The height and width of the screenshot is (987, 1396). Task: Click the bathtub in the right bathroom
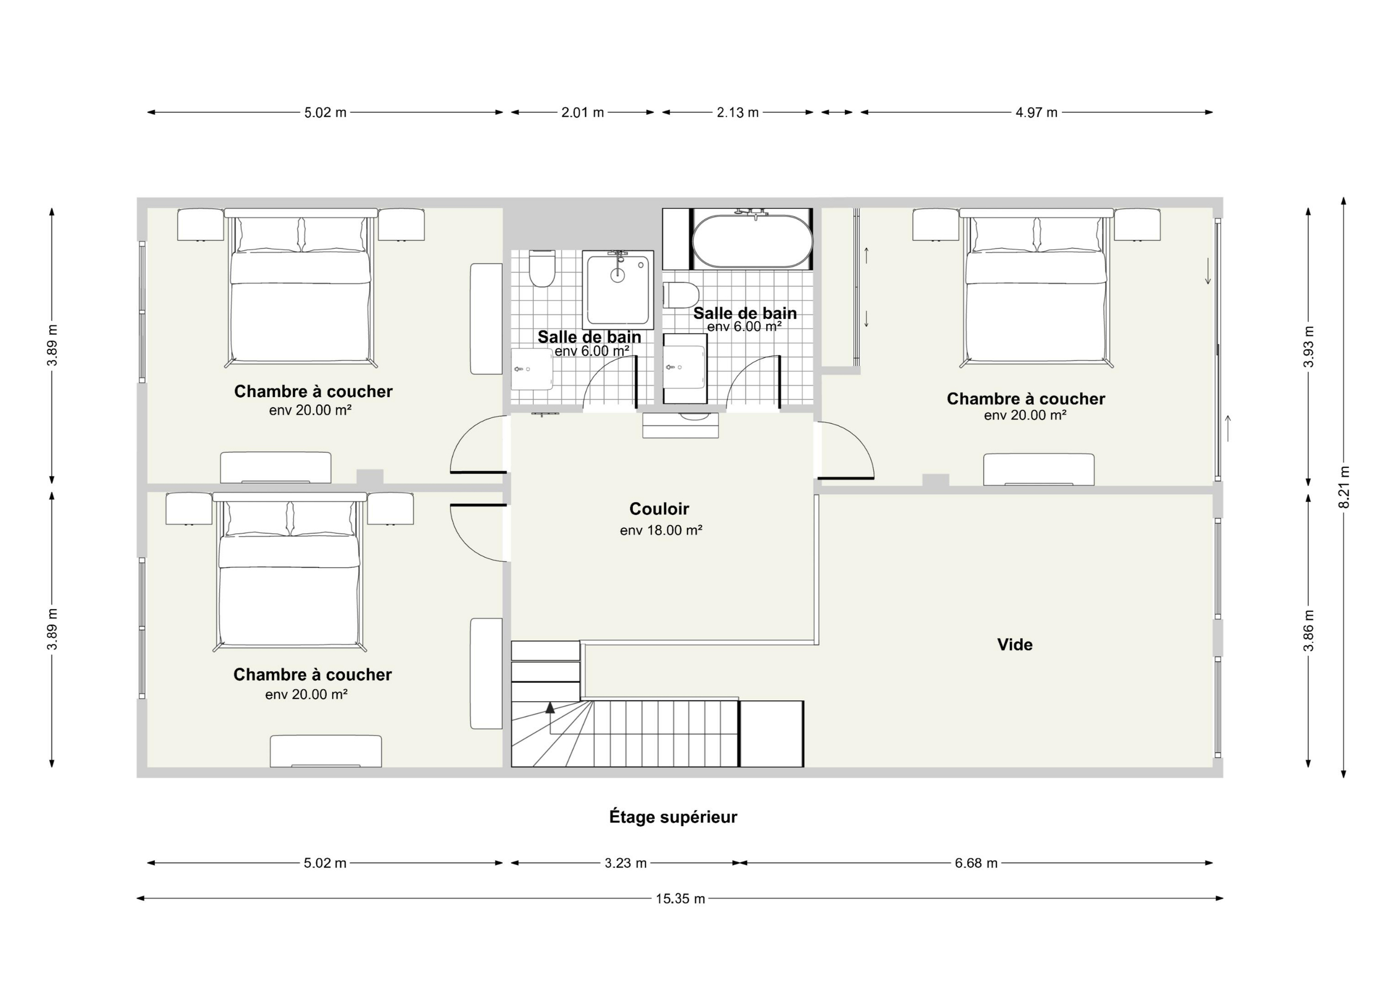click(753, 240)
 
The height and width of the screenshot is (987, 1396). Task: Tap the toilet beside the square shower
click(541, 268)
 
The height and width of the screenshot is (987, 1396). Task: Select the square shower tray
click(618, 290)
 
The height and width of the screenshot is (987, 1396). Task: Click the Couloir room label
click(659, 508)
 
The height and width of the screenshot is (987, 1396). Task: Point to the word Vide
click(1015, 645)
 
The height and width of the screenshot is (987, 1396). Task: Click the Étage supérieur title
click(673, 817)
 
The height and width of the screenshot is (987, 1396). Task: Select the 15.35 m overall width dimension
click(681, 898)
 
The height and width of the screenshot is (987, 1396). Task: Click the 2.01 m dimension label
click(582, 112)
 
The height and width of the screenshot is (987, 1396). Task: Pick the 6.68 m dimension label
click(976, 863)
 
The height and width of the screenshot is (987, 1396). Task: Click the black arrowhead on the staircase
click(550, 707)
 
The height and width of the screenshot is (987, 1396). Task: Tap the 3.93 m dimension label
click(1309, 347)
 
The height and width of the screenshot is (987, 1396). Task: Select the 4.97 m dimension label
click(1036, 112)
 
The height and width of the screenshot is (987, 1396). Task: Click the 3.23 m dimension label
click(625, 863)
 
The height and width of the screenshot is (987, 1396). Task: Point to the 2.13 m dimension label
click(737, 112)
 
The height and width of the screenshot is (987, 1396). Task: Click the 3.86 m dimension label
click(1309, 630)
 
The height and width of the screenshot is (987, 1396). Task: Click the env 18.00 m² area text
click(661, 530)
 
